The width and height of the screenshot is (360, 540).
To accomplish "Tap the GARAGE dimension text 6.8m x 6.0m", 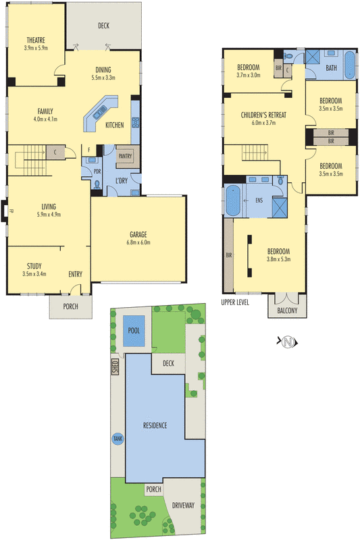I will pos(137,242).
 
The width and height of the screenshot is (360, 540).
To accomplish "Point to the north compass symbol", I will pos(288,342).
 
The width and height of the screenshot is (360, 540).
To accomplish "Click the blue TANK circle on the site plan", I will pos(118,438).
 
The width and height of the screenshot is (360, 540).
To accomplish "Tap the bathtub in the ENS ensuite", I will pos(232,200).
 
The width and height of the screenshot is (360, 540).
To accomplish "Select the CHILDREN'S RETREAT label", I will pos(263,115).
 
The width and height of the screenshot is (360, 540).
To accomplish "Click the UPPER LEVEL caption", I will pos(235,302).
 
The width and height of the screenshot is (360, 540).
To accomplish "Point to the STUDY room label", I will pos(34,265).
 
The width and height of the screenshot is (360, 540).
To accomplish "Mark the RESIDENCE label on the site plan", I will pos(159,425).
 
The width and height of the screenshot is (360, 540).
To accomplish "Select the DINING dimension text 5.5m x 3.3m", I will pos(103,78).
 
